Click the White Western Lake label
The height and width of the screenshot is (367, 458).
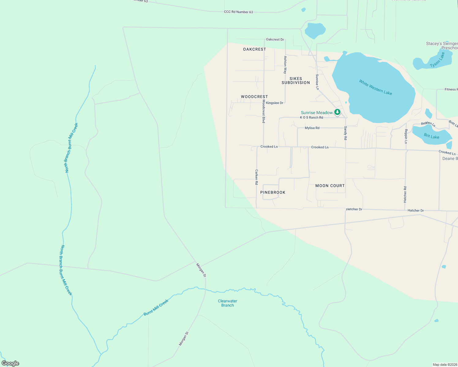(x=375, y=87)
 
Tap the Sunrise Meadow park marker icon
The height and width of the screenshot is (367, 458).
(x=337, y=112)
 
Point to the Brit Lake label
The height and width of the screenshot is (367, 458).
(x=431, y=136)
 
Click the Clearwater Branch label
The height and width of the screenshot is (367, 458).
(x=227, y=303)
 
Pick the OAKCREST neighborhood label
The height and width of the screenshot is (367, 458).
(x=254, y=49)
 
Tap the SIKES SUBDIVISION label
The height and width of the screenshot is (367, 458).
(x=296, y=81)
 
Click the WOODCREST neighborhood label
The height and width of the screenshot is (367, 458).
(x=254, y=97)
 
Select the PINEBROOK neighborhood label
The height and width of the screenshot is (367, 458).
(x=273, y=192)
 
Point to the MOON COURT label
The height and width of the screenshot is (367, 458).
(x=330, y=186)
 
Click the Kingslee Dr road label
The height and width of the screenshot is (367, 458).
(x=275, y=103)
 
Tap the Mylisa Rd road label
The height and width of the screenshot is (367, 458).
(x=312, y=128)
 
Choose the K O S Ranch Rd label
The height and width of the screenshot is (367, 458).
(x=311, y=117)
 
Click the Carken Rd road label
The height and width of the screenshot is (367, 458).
(x=257, y=177)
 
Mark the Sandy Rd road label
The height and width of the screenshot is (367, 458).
(x=345, y=133)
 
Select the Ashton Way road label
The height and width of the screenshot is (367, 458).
(x=285, y=65)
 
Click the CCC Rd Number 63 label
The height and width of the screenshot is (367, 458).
(x=238, y=12)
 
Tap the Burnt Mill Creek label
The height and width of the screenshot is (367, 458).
(x=156, y=308)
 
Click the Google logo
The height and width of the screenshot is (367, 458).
(x=10, y=363)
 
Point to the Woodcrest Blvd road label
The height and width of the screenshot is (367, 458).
(x=264, y=111)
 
